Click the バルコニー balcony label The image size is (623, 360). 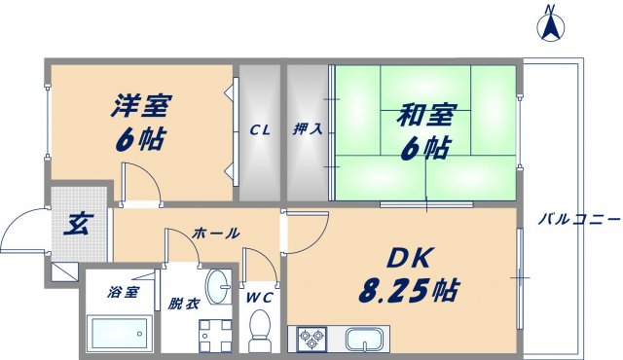(x=578, y=220)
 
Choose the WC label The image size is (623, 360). (x=260, y=296)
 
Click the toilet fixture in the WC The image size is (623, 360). (x=260, y=329)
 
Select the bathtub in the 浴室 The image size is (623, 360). (x=118, y=334)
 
